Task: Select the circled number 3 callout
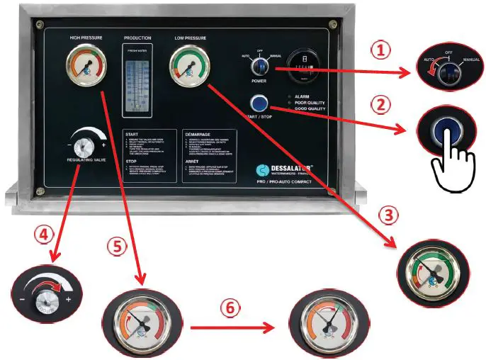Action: (394, 213)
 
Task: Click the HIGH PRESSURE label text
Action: (86, 37)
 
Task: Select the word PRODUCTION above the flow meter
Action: (137, 37)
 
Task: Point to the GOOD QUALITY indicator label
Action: (310, 109)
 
